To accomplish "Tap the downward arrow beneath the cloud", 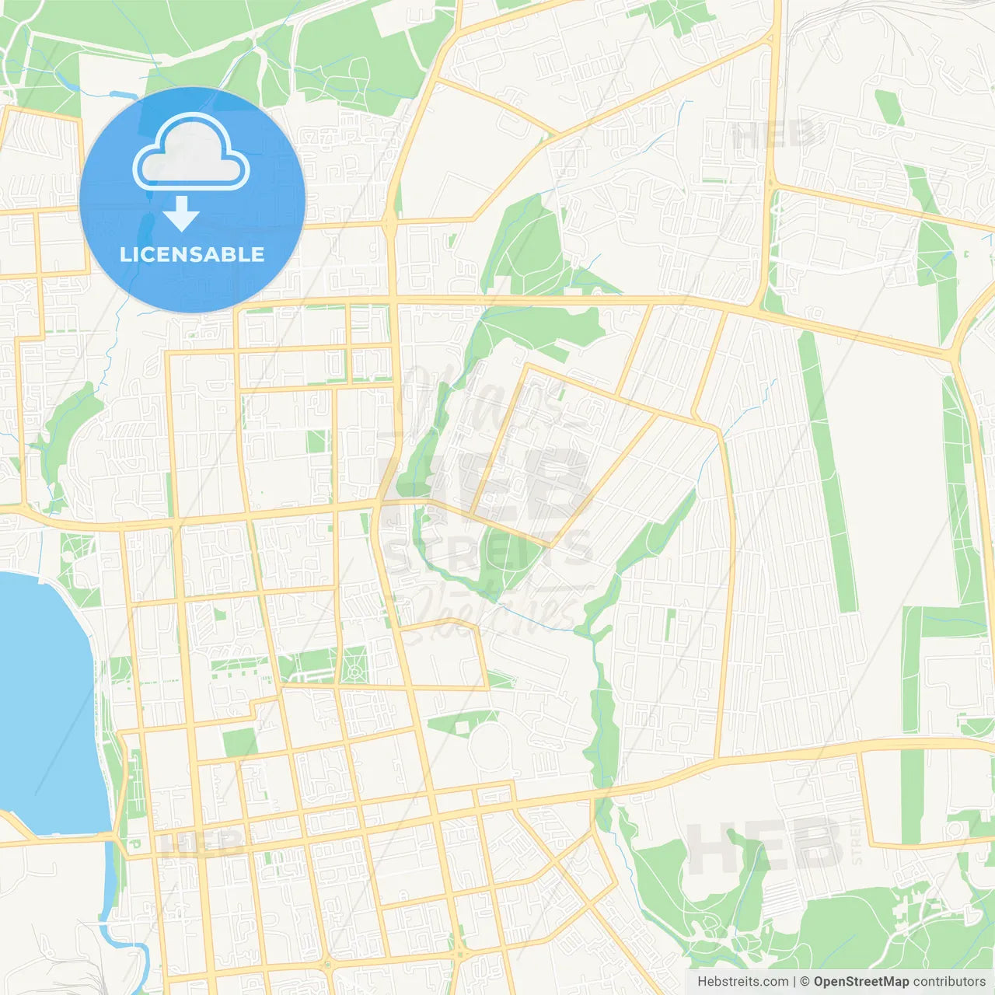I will [x=182, y=214].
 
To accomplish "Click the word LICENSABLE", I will [x=192, y=254].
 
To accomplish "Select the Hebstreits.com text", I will [x=742, y=982].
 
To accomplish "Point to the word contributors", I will [x=949, y=982].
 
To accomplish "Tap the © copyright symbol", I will [x=805, y=982].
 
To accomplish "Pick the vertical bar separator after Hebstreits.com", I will [x=794, y=982].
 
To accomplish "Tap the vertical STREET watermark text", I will [x=857, y=840].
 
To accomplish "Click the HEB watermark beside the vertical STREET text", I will [x=766, y=846].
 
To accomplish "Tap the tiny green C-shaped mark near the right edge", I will [x=966, y=254].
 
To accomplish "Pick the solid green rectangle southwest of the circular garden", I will [x=240, y=742].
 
